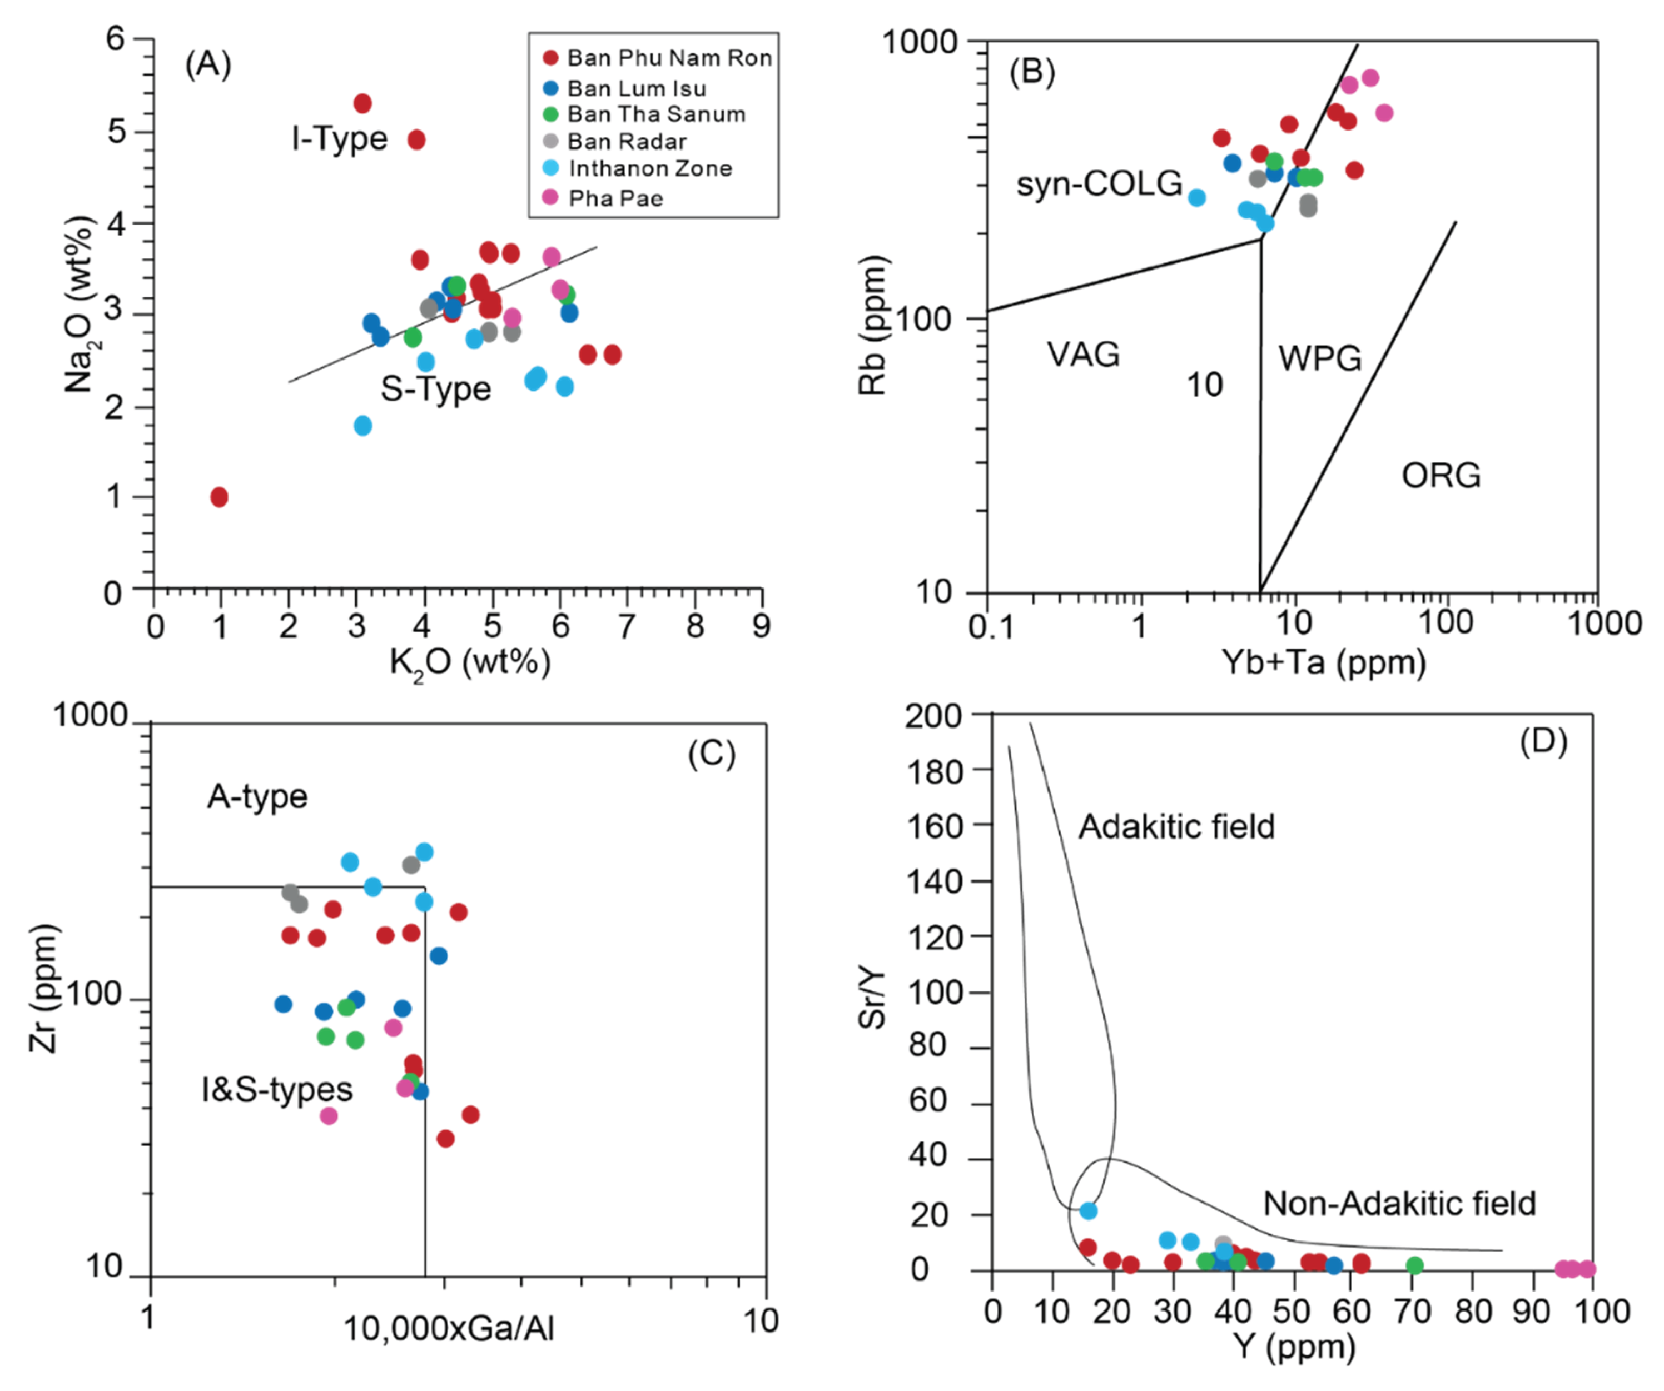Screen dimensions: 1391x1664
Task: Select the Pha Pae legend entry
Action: tap(615, 198)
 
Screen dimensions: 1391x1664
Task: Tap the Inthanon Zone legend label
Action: tap(650, 168)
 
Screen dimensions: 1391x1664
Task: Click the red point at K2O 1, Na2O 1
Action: tap(220, 497)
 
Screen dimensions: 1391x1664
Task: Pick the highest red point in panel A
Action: tap(362, 103)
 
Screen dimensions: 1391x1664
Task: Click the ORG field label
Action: tap(1441, 475)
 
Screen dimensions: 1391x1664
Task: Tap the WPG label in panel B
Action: tap(1319, 358)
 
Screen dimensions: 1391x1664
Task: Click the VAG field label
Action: tap(1083, 354)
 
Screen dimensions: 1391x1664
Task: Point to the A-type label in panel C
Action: tap(257, 796)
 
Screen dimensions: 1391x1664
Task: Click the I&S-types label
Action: tap(276, 1089)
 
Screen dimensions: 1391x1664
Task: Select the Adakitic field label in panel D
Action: tap(1176, 826)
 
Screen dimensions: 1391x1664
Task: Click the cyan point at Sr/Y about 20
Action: tap(1088, 1210)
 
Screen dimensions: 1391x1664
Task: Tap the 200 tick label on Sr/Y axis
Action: tap(933, 716)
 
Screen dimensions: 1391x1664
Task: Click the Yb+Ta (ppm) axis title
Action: tap(1323, 661)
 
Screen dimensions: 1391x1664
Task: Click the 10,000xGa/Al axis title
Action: tap(448, 1328)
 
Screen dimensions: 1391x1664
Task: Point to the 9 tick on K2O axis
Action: tap(761, 626)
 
